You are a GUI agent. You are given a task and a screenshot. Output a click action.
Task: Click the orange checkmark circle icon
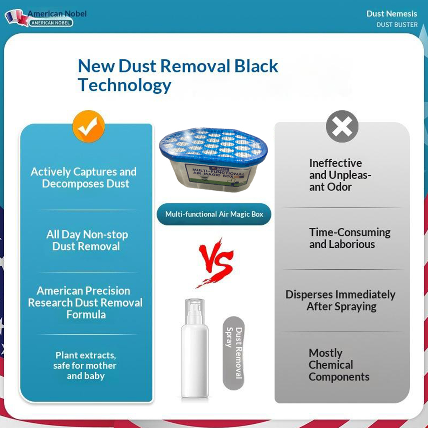point(89,126)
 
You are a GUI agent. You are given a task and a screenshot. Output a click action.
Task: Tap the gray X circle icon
point(342,126)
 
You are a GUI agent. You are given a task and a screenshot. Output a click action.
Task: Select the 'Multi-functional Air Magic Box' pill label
point(214,214)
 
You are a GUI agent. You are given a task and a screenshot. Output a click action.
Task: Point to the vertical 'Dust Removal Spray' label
point(234,353)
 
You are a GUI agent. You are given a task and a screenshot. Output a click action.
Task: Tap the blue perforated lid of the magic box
point(213,143)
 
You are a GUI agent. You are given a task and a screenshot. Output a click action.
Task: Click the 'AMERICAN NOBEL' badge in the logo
point(51,23)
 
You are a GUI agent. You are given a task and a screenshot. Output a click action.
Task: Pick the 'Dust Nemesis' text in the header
point(392,14)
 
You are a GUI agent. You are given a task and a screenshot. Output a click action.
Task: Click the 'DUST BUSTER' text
point(397,25)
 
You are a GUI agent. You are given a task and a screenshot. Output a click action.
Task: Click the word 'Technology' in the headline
point(125,86)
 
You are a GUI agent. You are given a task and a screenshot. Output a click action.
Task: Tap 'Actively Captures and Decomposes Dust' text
point(84,178)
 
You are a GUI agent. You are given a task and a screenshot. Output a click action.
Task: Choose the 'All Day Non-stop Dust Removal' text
point(87,240)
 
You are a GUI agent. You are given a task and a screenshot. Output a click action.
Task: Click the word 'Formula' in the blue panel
point(86,315)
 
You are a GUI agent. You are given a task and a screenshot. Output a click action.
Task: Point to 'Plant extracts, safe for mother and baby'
point(85,365)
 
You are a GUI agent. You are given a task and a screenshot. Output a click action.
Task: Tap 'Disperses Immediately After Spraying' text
point(341,301)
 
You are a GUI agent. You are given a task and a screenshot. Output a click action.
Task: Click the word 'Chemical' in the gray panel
point(331,365)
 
